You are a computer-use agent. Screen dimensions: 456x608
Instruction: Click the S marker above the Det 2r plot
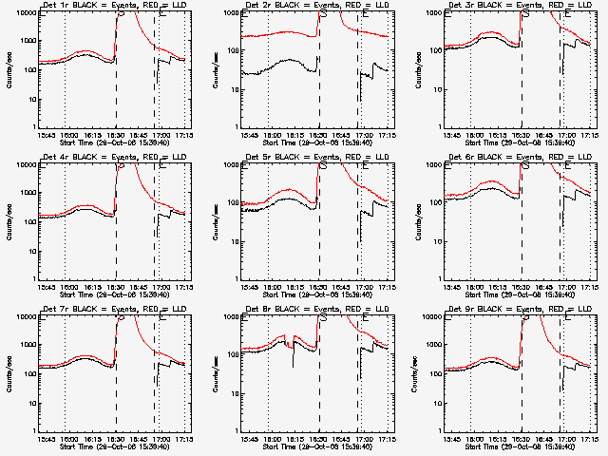(323, 14)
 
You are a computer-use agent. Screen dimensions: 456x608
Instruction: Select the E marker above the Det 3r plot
(566, 14)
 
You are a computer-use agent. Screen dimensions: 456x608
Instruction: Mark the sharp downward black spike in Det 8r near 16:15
(293, 364)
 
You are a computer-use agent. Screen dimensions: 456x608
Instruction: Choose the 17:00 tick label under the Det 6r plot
(567, 286)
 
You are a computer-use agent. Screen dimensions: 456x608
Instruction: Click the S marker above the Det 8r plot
(323, 318)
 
